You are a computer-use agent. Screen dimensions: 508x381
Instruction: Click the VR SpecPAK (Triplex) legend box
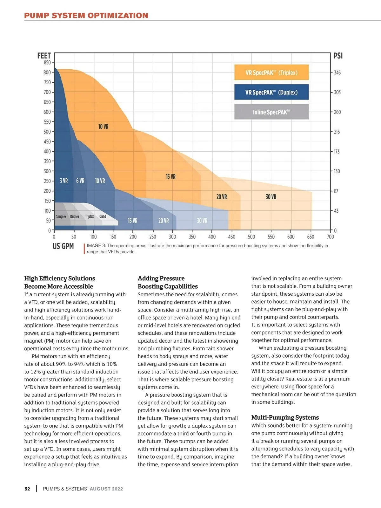click(271, 72)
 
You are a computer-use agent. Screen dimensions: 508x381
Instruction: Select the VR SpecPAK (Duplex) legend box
click(271, 92)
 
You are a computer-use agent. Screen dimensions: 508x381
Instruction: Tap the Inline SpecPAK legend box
click(271, 112)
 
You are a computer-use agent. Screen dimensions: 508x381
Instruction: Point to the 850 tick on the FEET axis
click(47, 63)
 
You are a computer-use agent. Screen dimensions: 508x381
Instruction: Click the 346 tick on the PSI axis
click(337, 73)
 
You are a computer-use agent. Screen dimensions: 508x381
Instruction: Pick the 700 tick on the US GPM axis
click(330, 237)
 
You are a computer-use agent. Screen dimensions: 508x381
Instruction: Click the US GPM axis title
click(63, 246)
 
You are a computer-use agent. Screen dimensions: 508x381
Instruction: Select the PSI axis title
click(338, 56)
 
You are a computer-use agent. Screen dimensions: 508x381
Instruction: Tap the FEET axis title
click(44, 56)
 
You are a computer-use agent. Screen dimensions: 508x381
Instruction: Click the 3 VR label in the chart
click(64, 181)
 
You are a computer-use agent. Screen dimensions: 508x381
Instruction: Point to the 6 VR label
click(80, 181)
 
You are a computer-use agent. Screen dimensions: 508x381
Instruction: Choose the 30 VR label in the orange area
click(271, 197)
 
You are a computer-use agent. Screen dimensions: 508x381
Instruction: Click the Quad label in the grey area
click(103, 216)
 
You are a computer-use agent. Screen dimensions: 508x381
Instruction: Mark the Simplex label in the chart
click(61, 216)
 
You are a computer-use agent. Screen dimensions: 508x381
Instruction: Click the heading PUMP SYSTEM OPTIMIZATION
click(86, 16)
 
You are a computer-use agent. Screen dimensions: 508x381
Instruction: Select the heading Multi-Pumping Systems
click(285, 417)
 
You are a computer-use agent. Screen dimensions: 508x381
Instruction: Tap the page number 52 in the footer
click(27, 489)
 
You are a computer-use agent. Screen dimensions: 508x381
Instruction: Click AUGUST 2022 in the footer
click(106, 489)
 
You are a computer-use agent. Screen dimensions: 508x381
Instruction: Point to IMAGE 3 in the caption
click(96, 246)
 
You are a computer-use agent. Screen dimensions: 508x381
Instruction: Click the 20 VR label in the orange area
click(222, 197)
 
